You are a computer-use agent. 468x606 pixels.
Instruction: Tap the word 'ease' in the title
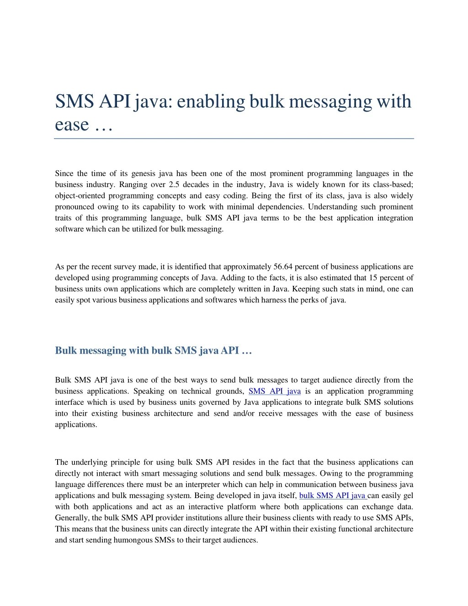(x=71, y=124)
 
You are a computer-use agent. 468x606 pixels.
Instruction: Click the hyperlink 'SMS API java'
(x=274, y=391)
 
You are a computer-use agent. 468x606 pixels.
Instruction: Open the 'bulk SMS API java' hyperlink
(x=332, y=495)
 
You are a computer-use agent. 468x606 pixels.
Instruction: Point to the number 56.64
(x=283, y=267)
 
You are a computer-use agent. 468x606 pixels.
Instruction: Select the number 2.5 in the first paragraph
(x=174, y=185)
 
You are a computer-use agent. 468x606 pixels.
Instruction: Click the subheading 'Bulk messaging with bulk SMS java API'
(x=153, y=350)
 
